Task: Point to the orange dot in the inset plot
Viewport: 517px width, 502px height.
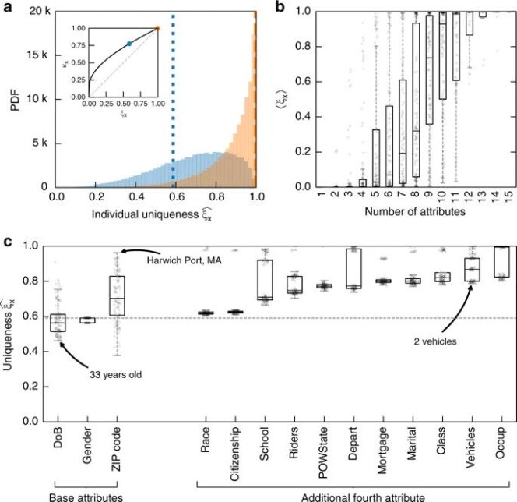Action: [157, 28]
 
